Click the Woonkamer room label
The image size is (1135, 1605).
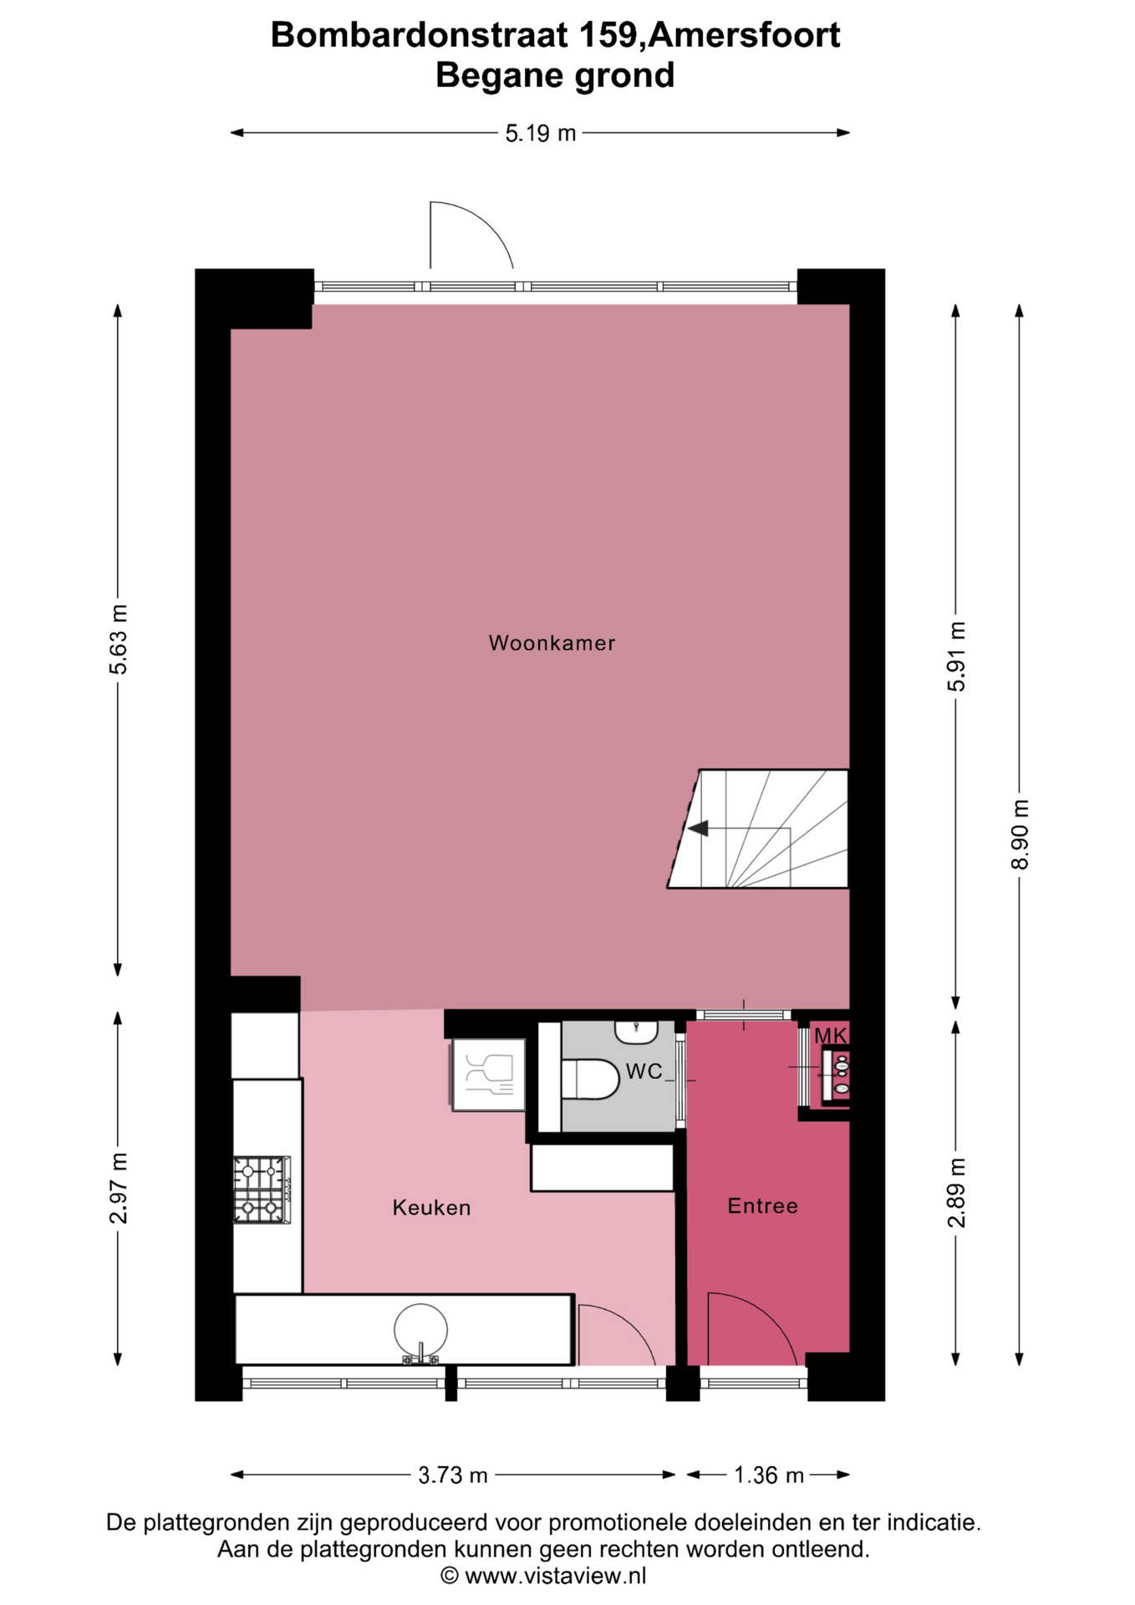click(552, 643)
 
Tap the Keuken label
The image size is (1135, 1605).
click(431, 1207)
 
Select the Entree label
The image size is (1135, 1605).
click(762, 1205)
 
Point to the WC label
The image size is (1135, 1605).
click(644, 1071)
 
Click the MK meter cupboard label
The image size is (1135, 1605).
click(831, 1036)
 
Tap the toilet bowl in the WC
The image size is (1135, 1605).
click(590, 1079)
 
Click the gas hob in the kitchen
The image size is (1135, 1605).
click(262, 1190)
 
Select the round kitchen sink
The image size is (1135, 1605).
click(420, 1329)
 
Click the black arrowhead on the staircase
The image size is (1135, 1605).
click(697, 828)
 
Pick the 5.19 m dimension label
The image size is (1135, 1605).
click(541, 133)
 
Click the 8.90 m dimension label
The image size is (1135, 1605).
click(1020, 834)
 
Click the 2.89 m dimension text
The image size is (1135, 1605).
click(956, 1193)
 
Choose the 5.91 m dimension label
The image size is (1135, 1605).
click(956, 656)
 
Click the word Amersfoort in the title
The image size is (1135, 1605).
click(745, 35)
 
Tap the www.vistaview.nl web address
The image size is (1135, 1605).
click(555, 1577)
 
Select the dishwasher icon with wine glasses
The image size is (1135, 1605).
click(489, 1075)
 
